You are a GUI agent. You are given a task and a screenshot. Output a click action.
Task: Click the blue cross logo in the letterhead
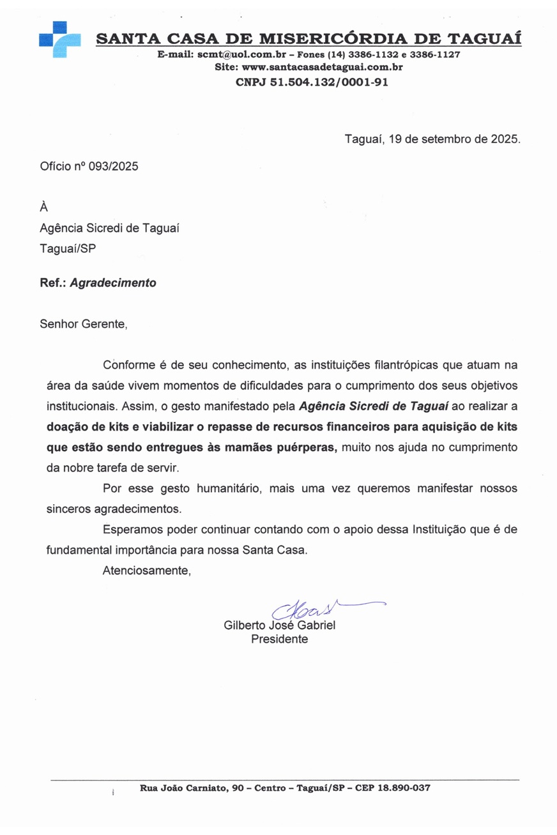[59, 40]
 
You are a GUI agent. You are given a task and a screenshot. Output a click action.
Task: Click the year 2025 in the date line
[505, 139]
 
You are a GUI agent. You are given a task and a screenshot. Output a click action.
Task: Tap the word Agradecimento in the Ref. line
[112, 282]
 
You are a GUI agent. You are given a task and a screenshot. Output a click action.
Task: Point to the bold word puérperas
[307, 447]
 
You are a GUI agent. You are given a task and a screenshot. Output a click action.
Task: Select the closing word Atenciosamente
[147, 571]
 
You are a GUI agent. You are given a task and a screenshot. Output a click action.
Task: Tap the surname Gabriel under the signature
[312, 626]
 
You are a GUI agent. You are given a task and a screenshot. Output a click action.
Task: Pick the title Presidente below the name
[280, 640]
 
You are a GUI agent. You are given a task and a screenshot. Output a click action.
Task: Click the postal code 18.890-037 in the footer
[404, 788]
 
